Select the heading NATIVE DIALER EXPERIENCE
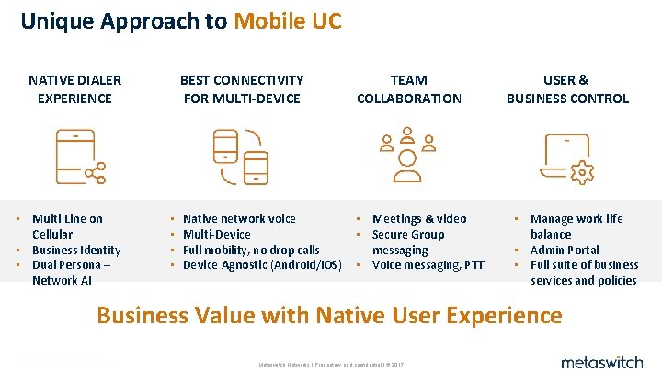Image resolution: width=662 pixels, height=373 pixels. pyautogui.click(x=74, y=89)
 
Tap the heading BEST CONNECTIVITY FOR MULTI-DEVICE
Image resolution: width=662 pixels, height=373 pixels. pyautogui.click(x=242, y=89)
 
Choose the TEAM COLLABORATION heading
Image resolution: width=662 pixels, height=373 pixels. pyautogui.click(x=408, y=89)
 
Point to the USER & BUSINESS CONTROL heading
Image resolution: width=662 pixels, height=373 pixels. pyautogui.click(x=567, y=89)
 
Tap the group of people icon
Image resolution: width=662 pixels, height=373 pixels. pyautogui.click(x=408, y=155)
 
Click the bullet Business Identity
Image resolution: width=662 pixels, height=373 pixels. pyautogui.click(x=75, y=250)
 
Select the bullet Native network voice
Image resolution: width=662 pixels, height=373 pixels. pyautogui.click(x=239, y=218)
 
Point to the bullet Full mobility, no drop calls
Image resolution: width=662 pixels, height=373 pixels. pyautogui.click(x=251, y=250)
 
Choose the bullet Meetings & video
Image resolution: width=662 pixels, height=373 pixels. pyautogui.click(x=418, y=218)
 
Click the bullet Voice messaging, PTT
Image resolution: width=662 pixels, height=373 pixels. pyautogui.click(x=428, y=265)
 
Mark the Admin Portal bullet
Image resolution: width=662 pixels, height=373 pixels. pyautogui.click(x=564, y=250)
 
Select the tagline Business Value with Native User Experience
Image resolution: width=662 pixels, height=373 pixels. pyautogui.click(x=329, y=315)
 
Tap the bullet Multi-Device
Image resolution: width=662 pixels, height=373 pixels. pyautogui.click(x=216, y=234)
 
